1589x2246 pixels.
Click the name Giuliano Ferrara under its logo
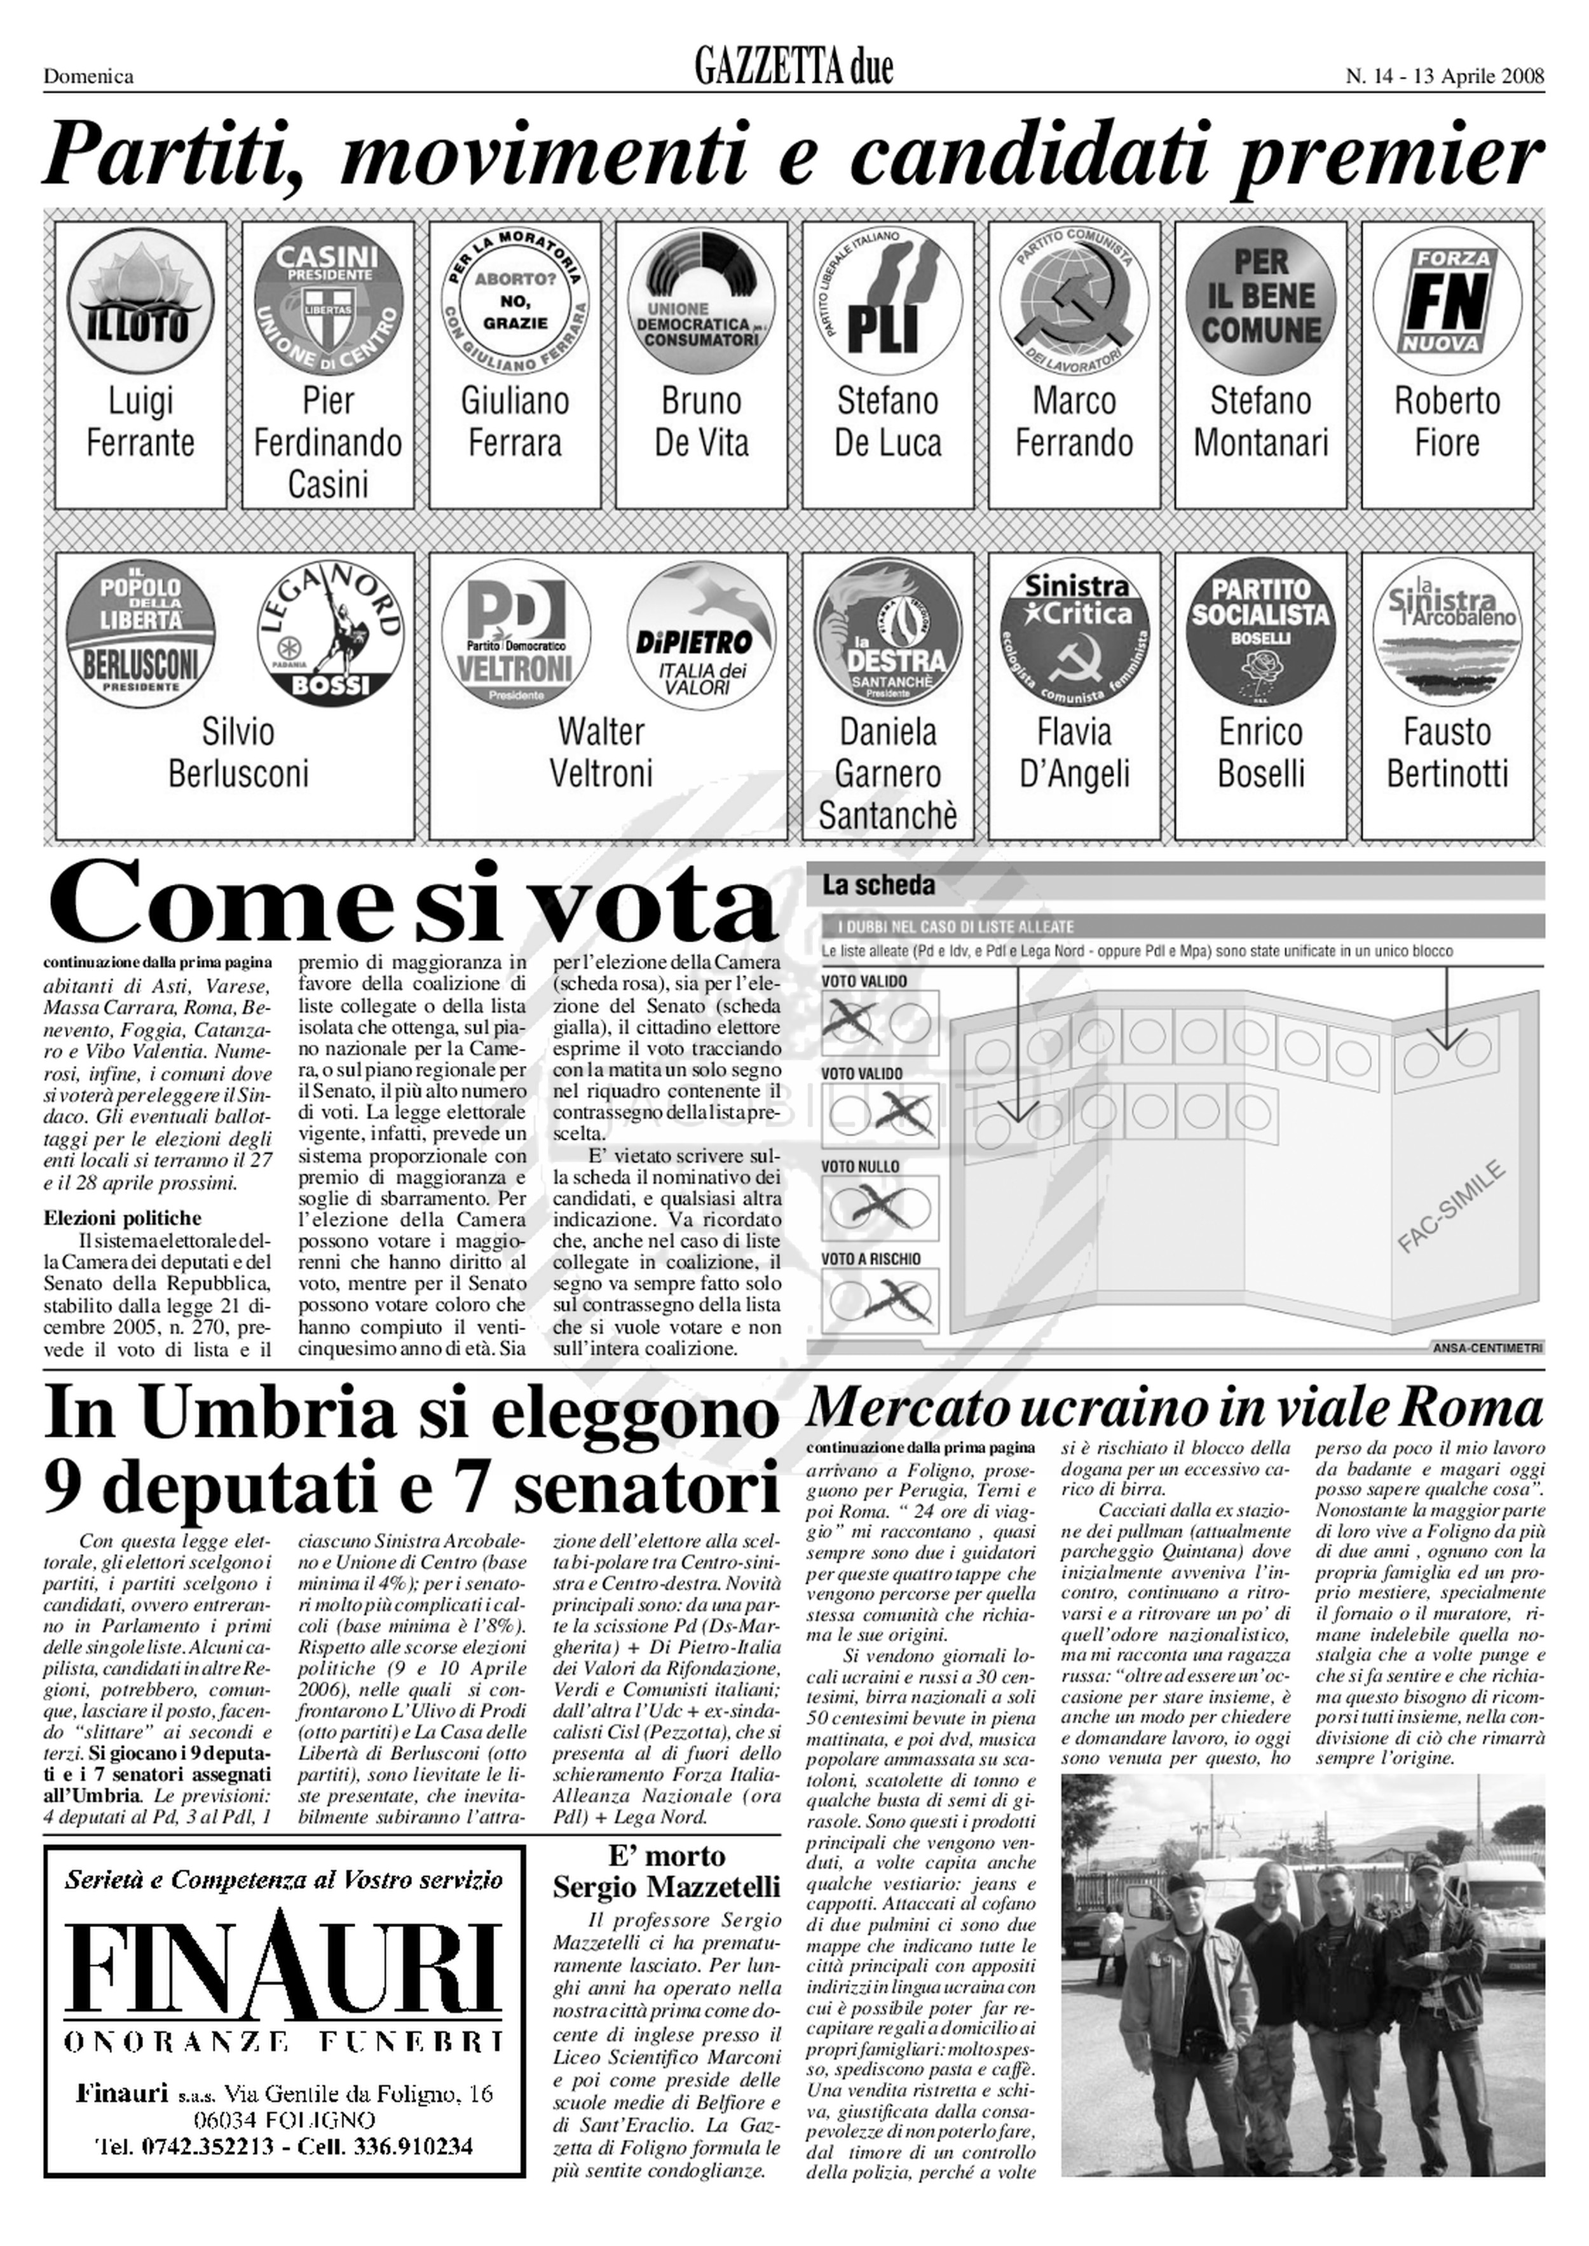[x=515, y=422]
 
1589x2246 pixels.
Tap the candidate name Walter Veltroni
[x=601, y=752]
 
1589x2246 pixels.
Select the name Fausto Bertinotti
[x=1446, y=752]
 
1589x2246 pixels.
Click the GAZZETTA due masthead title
[x=793, y=69]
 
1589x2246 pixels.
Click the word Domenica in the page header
[x=88, y=76]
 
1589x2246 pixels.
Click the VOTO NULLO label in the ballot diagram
[x=860, y=1166]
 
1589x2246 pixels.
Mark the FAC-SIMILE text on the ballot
[x=1451, y=1206]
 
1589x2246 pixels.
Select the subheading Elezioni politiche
[x=122, y=1218]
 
